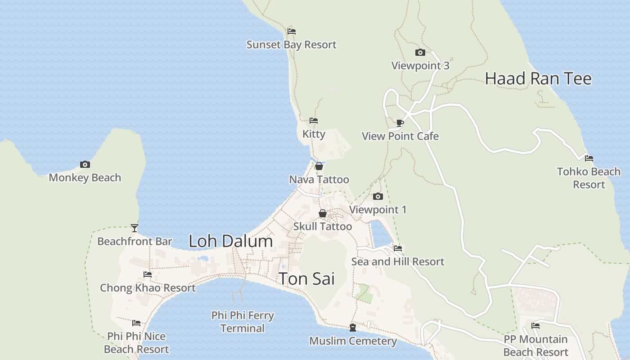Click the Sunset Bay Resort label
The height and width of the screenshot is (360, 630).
291,45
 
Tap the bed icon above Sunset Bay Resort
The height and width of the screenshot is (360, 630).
292,31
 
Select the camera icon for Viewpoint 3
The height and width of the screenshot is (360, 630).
420,53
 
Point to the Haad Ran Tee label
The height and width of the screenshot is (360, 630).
538,79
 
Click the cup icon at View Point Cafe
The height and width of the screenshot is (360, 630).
400,123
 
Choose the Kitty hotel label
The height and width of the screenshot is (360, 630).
314,134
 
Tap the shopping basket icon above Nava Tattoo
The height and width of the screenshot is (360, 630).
319,166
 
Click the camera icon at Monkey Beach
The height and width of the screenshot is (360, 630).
85,165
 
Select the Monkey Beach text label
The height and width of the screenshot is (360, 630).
85,178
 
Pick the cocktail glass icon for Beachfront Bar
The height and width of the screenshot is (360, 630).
134,228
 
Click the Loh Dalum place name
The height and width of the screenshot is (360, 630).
230,241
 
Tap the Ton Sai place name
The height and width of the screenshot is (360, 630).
306,279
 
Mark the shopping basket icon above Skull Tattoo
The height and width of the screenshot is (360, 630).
323,213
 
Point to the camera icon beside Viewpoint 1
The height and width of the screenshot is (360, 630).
378,197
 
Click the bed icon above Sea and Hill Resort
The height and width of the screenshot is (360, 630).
397,248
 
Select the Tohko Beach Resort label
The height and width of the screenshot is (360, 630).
589,178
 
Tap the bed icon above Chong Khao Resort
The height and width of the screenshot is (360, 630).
148,274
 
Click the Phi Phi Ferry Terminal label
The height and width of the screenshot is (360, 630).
243,322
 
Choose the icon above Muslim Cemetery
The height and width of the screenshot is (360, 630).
353,328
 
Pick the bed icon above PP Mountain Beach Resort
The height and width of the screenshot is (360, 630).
535,326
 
